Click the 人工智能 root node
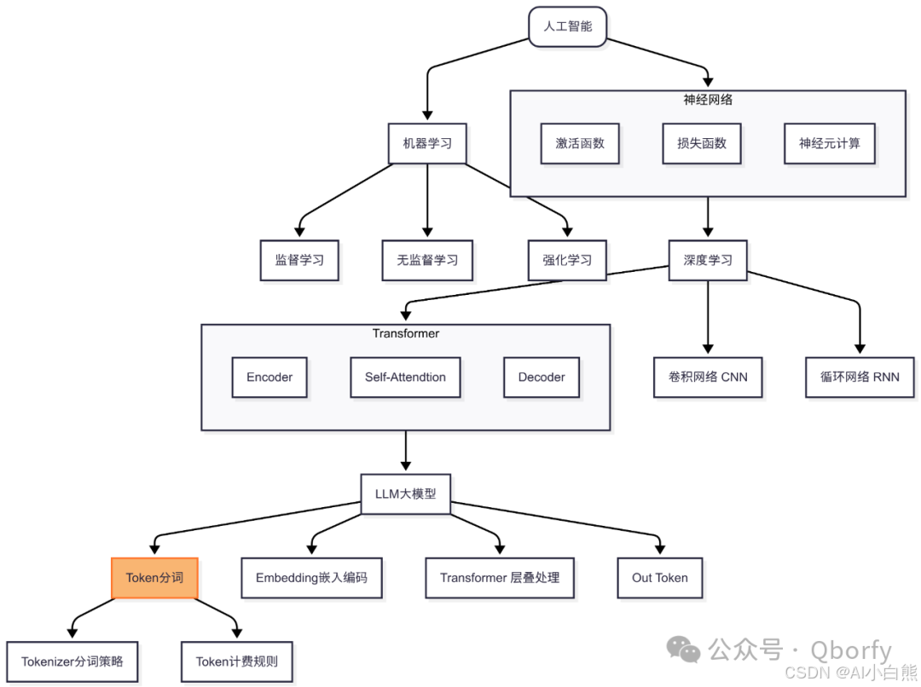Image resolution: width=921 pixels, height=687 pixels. tap(567, 26)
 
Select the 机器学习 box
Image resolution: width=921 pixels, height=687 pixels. tap(427, 143)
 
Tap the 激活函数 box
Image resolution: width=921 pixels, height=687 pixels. tap(580, 143)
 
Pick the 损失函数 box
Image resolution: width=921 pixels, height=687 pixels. tap(702, 143)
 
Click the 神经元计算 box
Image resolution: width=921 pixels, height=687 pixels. tap(829, 143)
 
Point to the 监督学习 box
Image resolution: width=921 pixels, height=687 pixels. tap(299, 260)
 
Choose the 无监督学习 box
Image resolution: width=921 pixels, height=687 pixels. tap(427, 260)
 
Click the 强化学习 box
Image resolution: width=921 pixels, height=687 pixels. tap(567, 260)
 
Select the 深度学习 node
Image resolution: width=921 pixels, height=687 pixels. tap(708, 260)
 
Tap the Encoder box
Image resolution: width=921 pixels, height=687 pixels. tap(269, 377)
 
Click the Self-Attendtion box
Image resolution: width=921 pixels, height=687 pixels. tap(405, 377)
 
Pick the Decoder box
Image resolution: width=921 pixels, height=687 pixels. tap(542, 377)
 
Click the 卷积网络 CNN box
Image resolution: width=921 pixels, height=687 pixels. tap(708, 377)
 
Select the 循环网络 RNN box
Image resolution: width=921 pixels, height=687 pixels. tap(860, 377)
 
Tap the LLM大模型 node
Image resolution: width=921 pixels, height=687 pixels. tap(405, 494)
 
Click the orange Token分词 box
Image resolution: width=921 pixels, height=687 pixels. tap(154, 578)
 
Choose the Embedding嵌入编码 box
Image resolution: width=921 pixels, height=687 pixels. tap(311, 578)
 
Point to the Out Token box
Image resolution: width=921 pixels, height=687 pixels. tap(660, 578)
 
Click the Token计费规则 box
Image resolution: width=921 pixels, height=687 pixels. tap(236, 661)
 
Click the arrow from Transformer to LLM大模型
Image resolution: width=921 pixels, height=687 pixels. tap(405, 452)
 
